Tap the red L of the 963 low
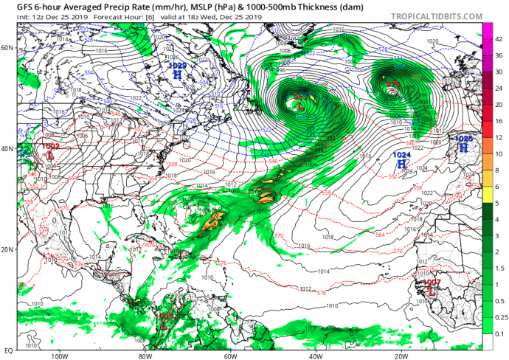click(x=300, y=106)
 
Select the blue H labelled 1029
click(x=179, y=75)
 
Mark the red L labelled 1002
click(x=49, y=156)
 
